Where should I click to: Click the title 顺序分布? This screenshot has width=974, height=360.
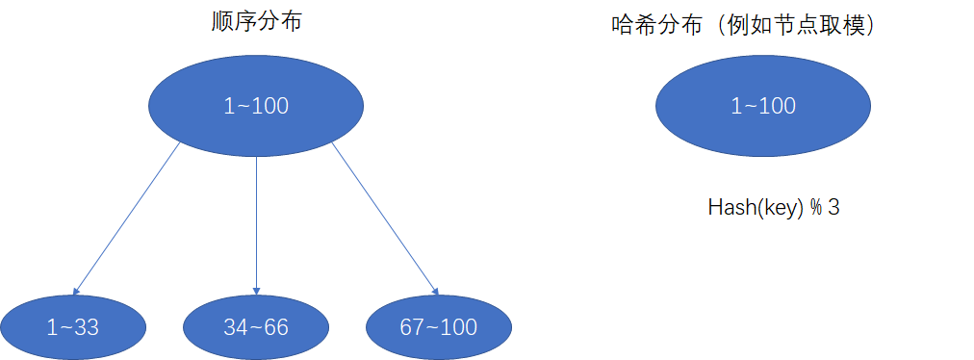coord(256,21)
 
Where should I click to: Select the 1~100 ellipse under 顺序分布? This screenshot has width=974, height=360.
coord(256,106)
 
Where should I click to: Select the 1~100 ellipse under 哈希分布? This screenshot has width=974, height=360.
coord(762,106)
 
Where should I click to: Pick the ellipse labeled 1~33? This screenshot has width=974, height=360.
coord(72,327)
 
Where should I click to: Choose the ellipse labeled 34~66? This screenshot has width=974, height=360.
coord(256,327)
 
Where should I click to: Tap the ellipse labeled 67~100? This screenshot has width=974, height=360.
coord(438,327)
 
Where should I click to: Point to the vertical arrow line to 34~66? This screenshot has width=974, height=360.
coord(256,221)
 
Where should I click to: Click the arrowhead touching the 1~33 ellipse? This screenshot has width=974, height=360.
coord(76,290)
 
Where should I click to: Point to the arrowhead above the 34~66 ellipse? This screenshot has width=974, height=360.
coord(256,290)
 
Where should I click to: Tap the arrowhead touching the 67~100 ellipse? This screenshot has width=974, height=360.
coord(435,290)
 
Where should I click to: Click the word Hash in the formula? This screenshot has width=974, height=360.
coord(728,207)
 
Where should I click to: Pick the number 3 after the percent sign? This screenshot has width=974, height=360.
coord(833,207)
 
